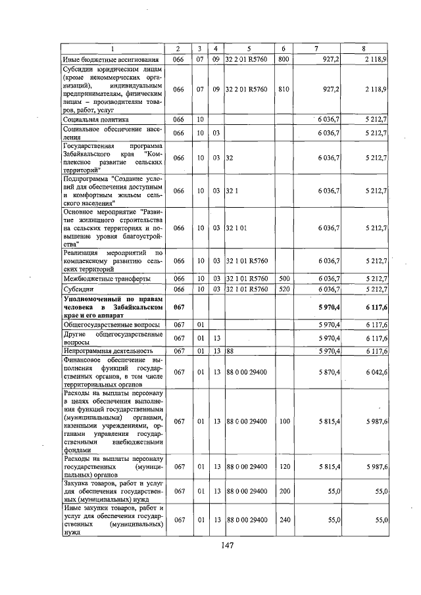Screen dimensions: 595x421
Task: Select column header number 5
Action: click(249, 49)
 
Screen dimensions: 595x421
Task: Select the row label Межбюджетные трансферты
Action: click(103, 278)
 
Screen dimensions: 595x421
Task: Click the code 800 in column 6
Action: click(284, 59)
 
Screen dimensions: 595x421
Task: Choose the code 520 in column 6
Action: click(284, 289)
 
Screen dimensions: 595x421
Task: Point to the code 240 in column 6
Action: click(284, 520)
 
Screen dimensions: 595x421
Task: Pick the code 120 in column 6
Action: click(284, 467)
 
